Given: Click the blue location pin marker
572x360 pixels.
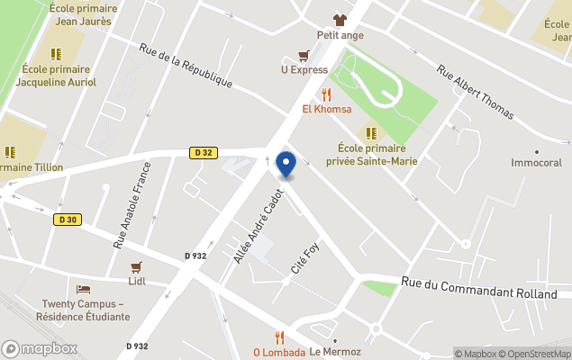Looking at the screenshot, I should click(x=286, y=164).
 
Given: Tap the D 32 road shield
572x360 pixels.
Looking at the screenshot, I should click(x=203, y=153).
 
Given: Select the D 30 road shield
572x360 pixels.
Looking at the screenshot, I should click(x=66, y=219).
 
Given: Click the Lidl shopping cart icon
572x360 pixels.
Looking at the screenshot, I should click(x=137, y=267).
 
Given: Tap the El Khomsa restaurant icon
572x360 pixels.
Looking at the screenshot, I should click(x=326, y=94).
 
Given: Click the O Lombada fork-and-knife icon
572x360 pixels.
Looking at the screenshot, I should click(x=279, y=337).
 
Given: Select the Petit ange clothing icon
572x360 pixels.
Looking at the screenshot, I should click(x=340, y=20).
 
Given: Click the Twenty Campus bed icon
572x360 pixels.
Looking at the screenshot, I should click(x=83, y=289).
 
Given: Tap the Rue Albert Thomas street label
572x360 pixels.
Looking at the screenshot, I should click(x=475, y=92).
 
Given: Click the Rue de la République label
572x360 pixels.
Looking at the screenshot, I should click(x=186, y=66).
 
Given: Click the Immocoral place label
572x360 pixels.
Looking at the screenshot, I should click(x=536, y=163).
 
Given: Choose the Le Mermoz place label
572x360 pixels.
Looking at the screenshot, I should click(x=335, y=352).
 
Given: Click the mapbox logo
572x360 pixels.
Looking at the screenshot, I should click(x=40, y=348).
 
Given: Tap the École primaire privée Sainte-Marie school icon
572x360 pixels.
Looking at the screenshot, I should click(x=371, y=133).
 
